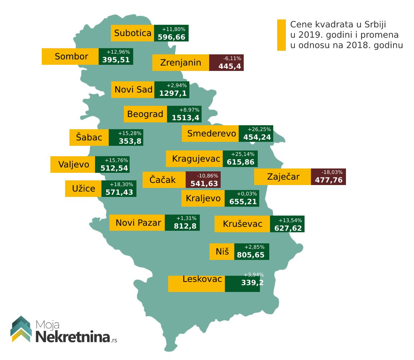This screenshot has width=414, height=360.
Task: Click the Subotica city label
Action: click(x=132, y=33)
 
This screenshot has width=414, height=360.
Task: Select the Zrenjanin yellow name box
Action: click(x=180, y=63)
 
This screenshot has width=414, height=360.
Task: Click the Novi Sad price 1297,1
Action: click(x=173, y=94)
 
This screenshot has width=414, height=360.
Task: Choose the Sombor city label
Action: click(x=71, y=57)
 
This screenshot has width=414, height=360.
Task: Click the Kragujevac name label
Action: click(x=194, y=158)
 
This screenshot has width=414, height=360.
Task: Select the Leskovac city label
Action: click(x=202, y=279)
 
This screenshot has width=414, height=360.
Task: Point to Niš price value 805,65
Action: click(x=251, y=255)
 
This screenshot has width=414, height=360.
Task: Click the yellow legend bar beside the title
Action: click(x=281, y=35)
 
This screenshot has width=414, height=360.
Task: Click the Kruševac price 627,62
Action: click(x=288, y=228)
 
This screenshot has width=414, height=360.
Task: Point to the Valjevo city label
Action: click(x=73, y=165)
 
